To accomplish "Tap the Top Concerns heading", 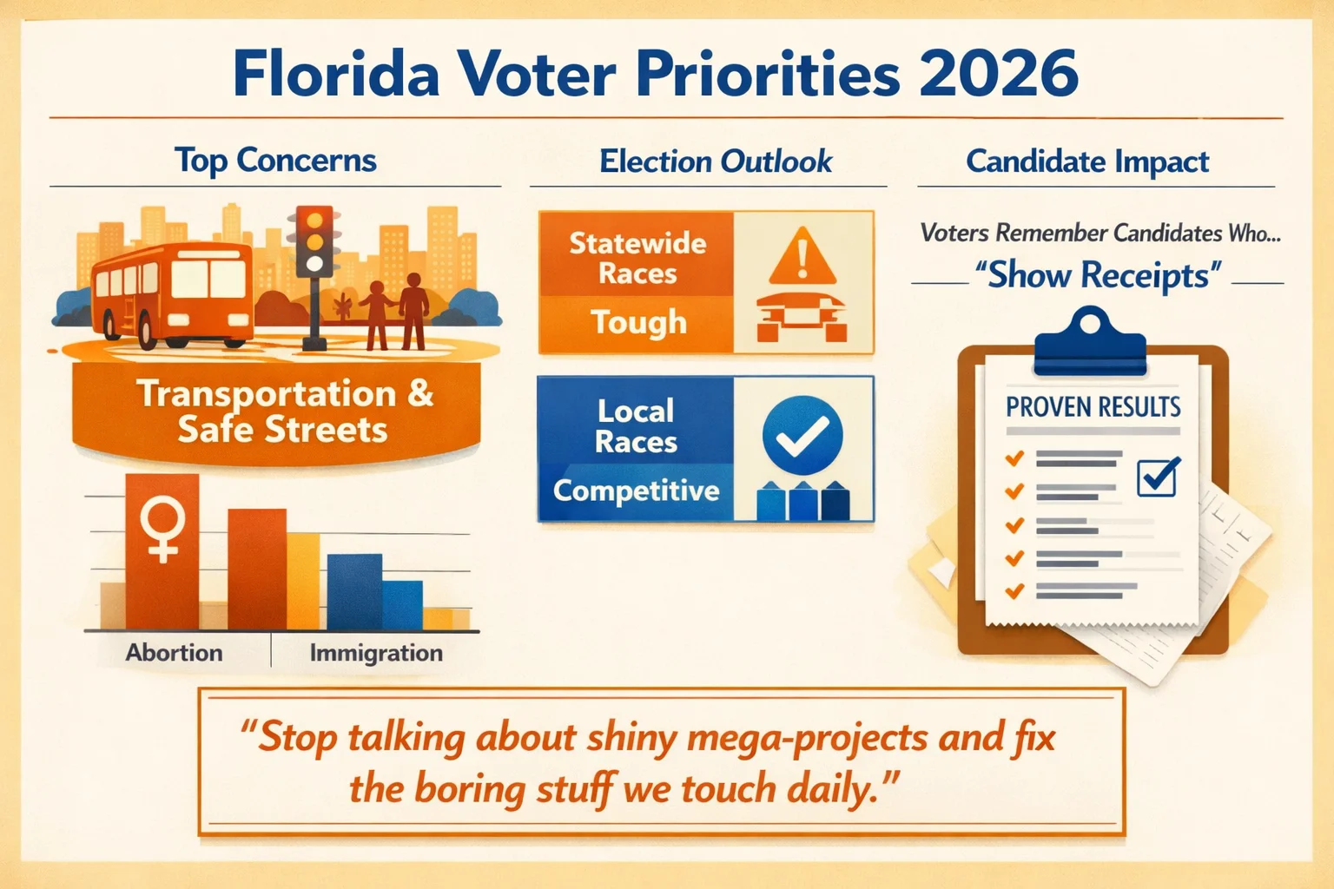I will (x=275, y=161).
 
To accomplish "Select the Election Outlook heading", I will (x=716, y=161).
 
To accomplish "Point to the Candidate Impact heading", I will (x=1087, y=161).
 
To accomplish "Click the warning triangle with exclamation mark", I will (x=802, y=258).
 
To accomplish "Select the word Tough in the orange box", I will (x=639, y=322).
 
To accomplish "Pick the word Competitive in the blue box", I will (x=637, y=491).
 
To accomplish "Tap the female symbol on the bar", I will (x=162, y=528).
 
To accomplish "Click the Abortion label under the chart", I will (x=174, y=653).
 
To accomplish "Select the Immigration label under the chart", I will (x=376, y=653).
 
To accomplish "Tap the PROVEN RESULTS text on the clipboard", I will (x=1093, y=406).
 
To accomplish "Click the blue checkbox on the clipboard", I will (x=1157, y=477).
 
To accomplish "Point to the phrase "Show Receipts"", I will (x=1098, y=276).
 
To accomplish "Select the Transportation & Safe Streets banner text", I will (x=283, y=412).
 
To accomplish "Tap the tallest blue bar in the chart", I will (x=354, y=590).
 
